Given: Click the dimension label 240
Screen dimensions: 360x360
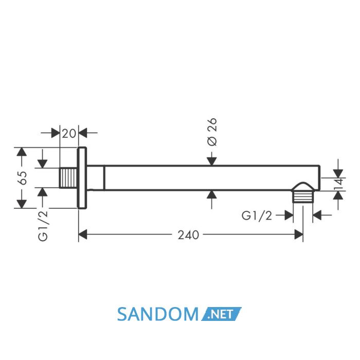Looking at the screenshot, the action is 188,235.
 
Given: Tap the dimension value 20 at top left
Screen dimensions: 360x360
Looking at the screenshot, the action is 69,133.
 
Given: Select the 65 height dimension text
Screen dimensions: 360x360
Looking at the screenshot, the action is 23,178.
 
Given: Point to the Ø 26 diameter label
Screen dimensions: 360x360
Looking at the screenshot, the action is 212,132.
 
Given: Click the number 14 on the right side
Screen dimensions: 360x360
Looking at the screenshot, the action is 339,184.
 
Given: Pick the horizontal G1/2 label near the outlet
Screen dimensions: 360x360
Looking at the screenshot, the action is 257,215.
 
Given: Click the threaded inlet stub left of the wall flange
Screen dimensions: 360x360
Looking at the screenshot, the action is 68,178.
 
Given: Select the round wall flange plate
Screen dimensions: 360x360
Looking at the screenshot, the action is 82,178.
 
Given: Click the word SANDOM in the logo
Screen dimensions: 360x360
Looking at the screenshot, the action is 157,314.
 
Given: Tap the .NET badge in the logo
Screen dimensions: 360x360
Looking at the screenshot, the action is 221,314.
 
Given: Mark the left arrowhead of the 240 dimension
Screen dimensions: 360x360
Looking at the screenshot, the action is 83,235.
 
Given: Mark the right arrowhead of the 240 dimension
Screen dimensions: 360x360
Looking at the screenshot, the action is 298,235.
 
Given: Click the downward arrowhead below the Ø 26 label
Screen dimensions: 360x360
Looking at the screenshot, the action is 212,161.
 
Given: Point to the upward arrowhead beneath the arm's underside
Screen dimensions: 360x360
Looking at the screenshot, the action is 212,195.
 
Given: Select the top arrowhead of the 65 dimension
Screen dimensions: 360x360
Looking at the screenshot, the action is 22,152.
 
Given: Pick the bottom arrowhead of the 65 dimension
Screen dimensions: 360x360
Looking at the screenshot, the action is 22,204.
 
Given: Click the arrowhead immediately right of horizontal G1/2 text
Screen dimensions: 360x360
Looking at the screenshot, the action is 289,215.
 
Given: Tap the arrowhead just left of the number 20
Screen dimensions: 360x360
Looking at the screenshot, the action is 56,133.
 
